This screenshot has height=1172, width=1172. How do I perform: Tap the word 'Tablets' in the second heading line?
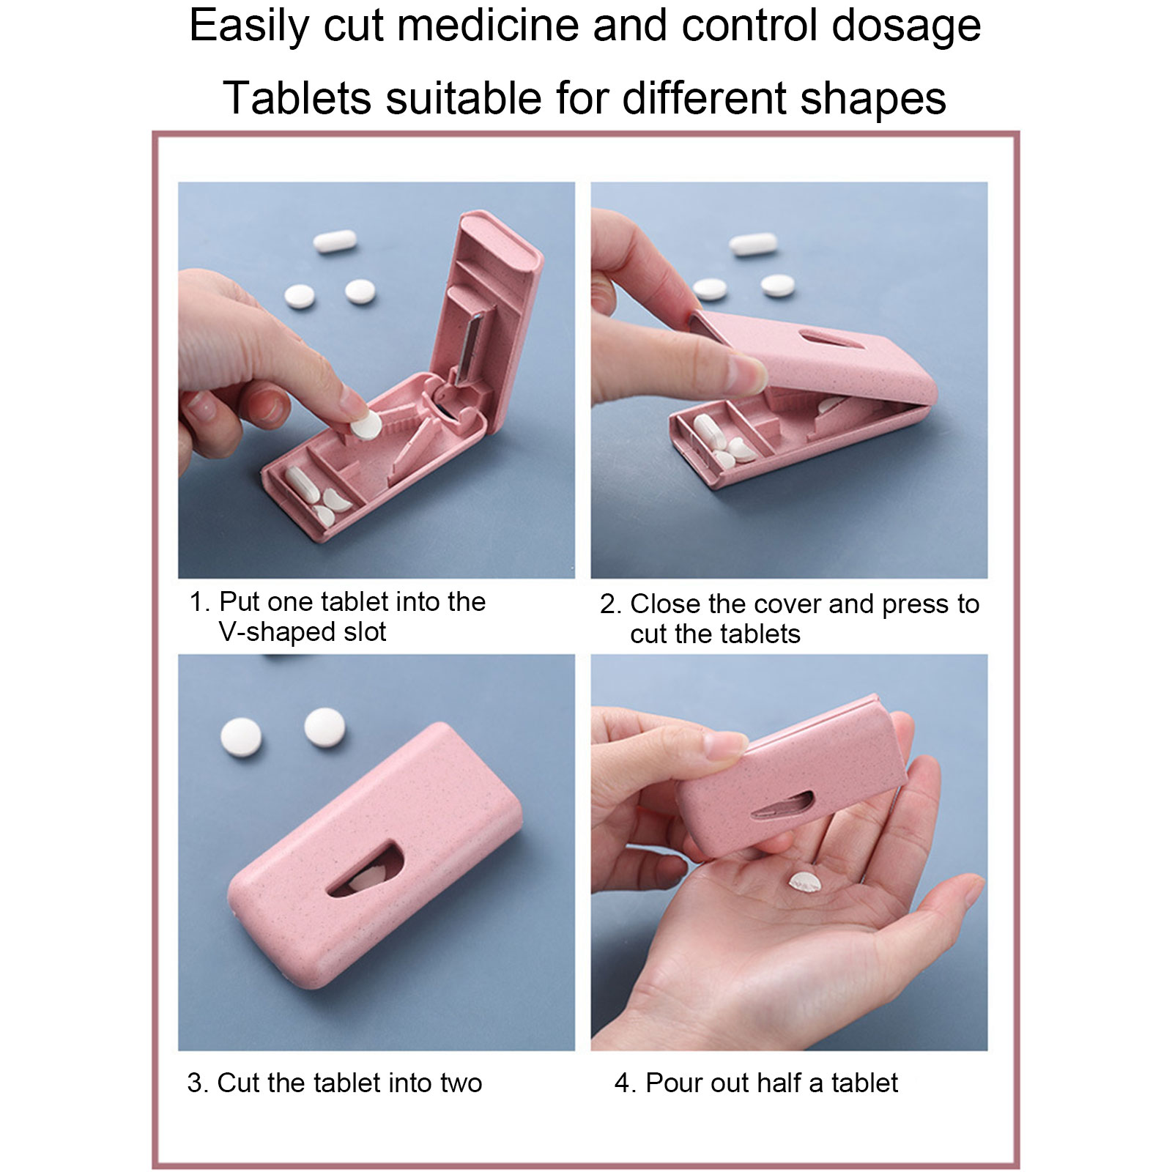click(297, 97)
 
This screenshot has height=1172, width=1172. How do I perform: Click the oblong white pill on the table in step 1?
click(335, 241)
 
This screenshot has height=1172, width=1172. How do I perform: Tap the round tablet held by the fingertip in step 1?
click(364, 425)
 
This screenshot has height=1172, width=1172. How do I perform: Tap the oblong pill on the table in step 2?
click(752, 245)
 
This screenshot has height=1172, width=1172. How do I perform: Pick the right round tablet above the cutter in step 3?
click(324, 727)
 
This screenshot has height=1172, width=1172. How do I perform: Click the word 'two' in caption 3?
click(461, 1083)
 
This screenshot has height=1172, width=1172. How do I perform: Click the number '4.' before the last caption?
click(625, 1083)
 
